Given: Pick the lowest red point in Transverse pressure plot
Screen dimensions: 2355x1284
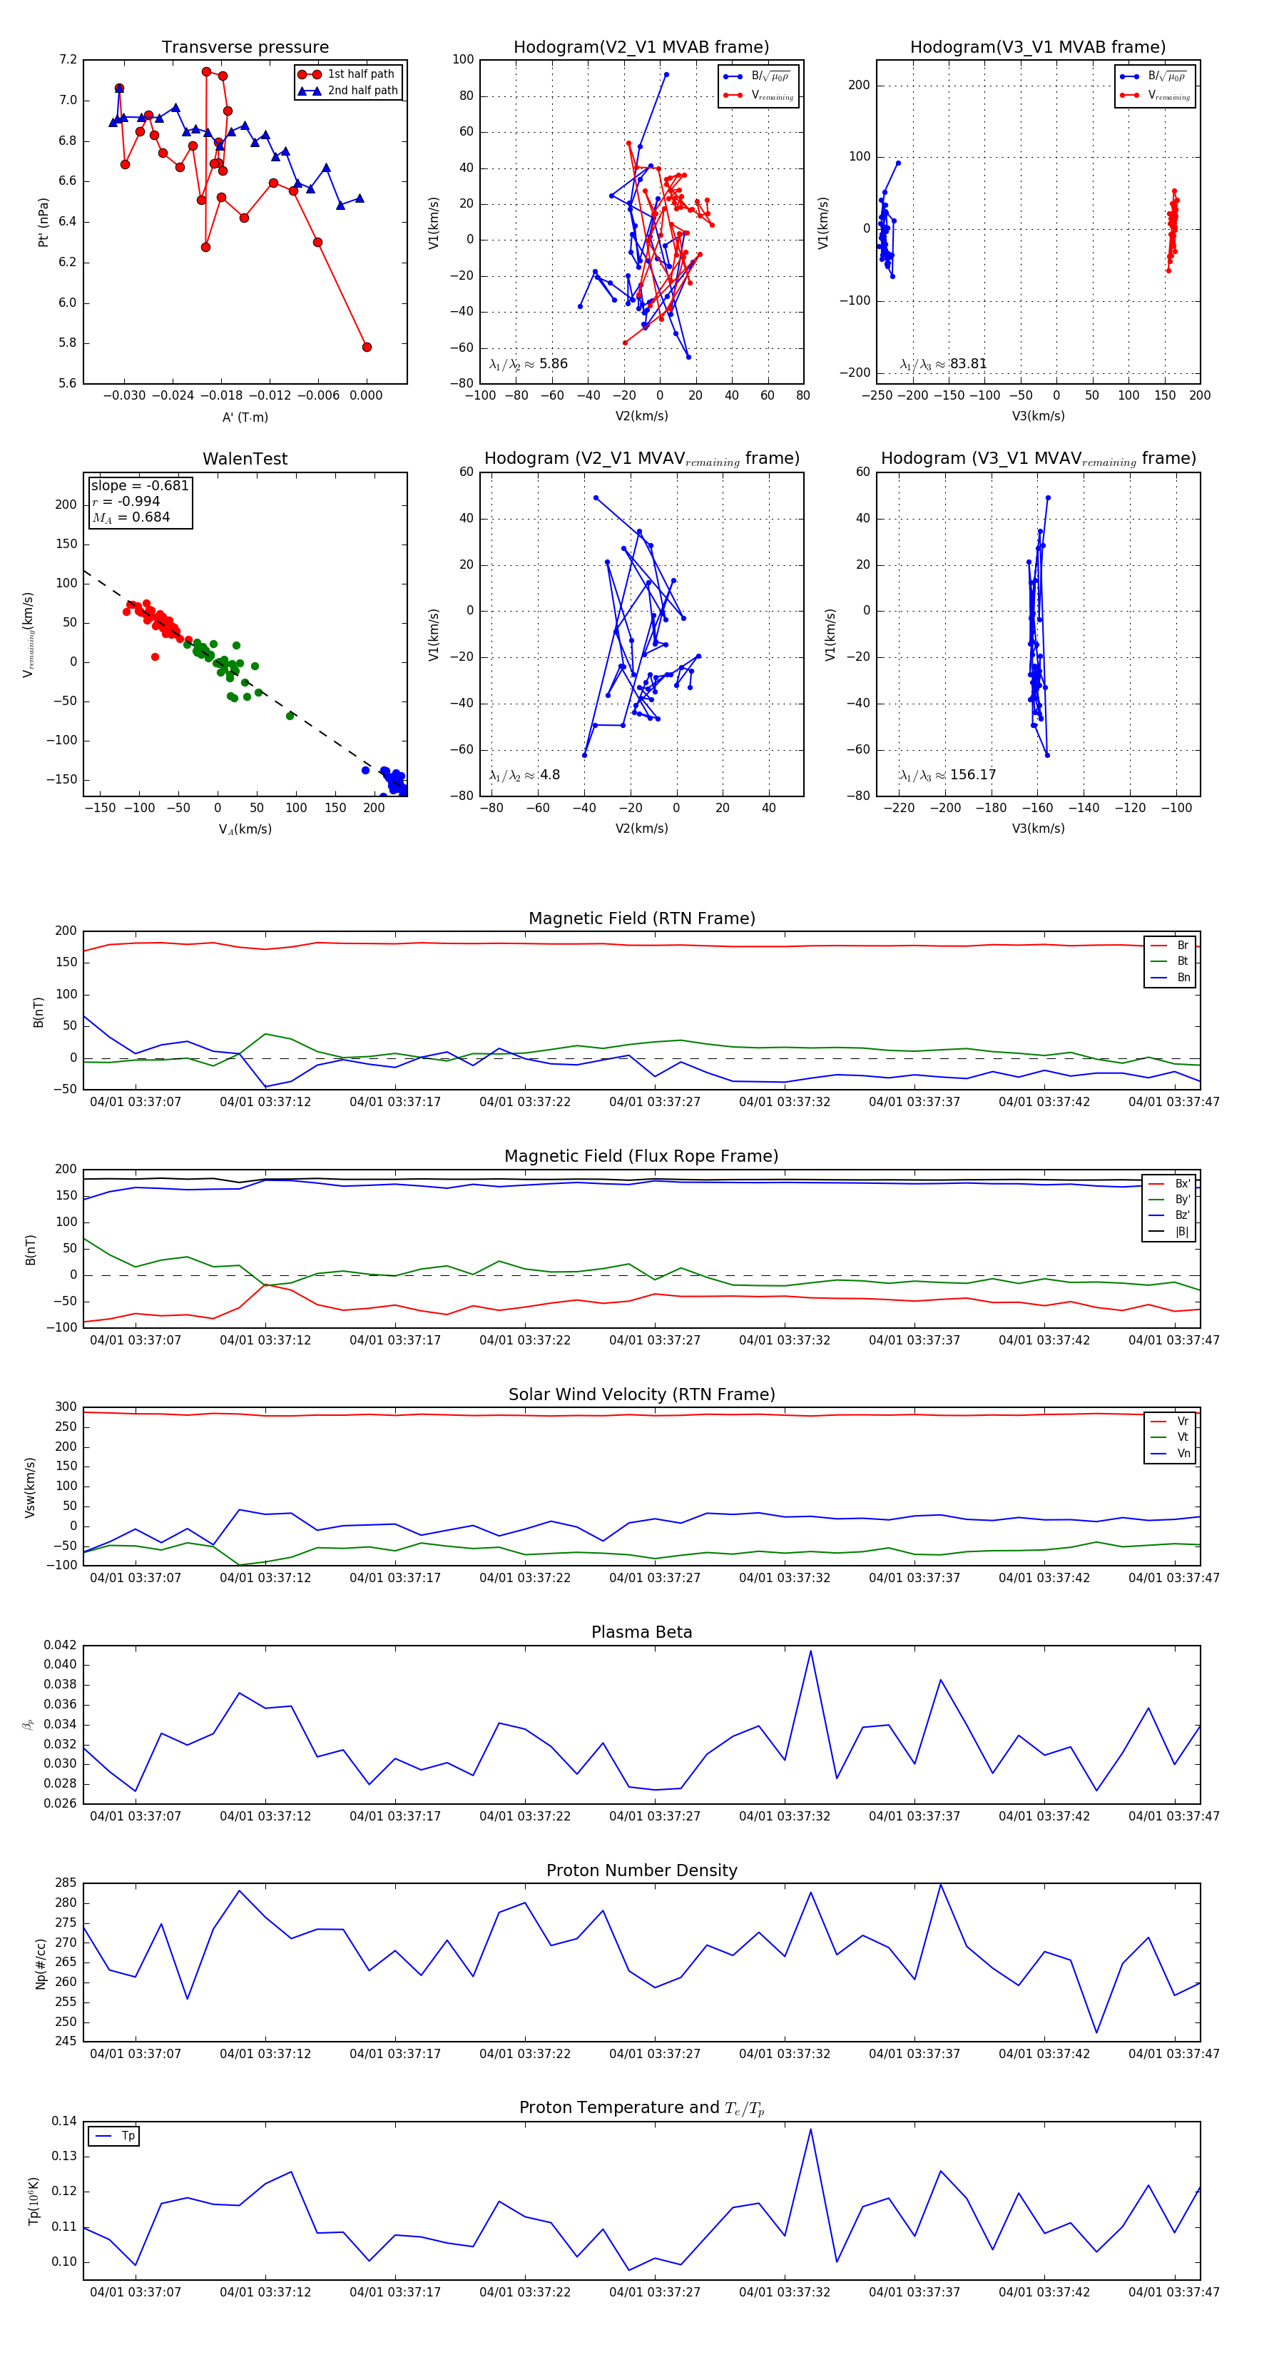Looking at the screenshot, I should pyautogui.click(x=367, y=348).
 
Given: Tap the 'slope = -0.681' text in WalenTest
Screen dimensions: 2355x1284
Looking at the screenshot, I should pyautogui.click(x=140, y=485).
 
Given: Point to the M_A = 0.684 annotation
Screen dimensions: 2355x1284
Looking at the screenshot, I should pyautogui.click(x=131, y=517).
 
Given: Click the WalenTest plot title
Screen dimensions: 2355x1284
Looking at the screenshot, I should pyautogui.click(x=245, y=459).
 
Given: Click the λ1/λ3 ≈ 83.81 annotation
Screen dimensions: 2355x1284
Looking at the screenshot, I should pyautogui.click(x=943, y=364).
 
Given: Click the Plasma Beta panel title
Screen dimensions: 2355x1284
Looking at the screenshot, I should pyautogui.click(x=641, y=1633).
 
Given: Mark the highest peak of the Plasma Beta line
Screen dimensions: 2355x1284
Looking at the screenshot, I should pyautogui.click(x=810, y=1650).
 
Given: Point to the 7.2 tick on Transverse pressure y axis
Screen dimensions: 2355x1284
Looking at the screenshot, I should pyautogui.click(x=68, y=61).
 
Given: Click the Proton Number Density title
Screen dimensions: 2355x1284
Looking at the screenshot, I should pyautogui.click(x=641, y=1870).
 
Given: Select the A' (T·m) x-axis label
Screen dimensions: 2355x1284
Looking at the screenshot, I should pyautogui.click(x=245, y=417).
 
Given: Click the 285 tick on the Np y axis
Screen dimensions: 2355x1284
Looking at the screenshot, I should pyautogui.click(x=66, y=1883).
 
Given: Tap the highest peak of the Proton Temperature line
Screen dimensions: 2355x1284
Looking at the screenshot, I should pyautogui.click(x=810, y=2129).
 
